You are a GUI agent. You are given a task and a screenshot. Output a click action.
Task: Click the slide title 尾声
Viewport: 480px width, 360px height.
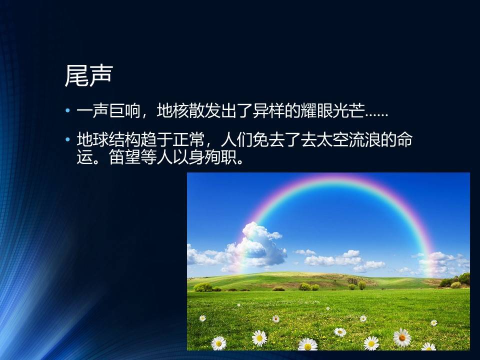[88, 75]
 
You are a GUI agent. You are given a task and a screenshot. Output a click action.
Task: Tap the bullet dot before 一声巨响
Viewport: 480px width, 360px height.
[67, 110]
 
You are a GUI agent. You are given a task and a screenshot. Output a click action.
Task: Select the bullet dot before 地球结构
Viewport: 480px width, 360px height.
[67, 140]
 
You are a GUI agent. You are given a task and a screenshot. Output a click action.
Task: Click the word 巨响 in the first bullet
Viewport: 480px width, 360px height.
[124, 110]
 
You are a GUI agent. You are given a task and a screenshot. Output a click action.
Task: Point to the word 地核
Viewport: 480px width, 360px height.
[172, 110]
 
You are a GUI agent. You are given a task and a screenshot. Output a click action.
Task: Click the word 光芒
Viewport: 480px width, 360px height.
[347, 110]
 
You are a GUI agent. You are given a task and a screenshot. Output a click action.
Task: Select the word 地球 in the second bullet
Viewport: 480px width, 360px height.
[93, 140]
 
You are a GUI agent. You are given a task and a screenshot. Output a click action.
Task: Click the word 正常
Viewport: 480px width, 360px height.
[188, 140]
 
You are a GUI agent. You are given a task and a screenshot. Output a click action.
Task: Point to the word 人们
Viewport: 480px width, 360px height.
[236, 140]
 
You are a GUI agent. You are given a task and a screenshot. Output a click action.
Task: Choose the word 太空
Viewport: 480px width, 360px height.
[331, 140]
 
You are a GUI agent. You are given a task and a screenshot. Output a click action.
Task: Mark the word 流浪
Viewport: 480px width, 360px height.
[363, 140]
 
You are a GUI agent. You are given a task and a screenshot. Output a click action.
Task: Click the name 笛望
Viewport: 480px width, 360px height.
[124, 157]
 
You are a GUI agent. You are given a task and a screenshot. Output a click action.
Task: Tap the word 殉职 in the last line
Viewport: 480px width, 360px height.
[220, 157]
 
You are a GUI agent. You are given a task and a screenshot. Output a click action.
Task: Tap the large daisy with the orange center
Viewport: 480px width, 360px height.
[402, 337]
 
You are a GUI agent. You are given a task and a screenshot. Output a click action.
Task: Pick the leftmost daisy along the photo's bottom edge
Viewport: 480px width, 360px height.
[219, 343]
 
